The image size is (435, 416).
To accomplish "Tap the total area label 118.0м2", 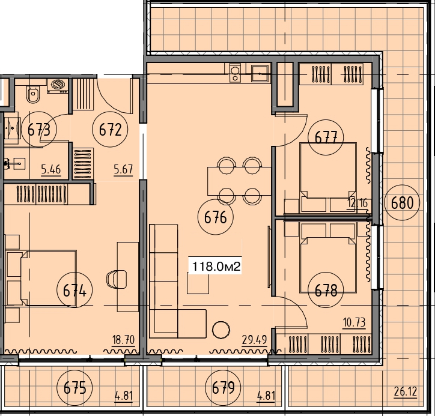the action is [216, 267].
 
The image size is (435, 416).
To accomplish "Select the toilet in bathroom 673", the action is [33, 94].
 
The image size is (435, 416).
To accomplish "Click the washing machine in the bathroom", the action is [58, 86].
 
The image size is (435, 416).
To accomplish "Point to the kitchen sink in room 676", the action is [260, 73].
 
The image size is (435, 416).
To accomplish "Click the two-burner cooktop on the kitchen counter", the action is [236, 73].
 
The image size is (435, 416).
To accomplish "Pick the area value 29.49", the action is [254, 340].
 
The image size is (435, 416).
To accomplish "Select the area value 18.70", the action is [123, 340].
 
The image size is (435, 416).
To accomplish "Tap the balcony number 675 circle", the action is [75, 387].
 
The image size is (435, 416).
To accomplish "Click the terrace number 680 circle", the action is [403, 202].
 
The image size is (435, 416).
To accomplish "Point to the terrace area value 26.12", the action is [406, 392].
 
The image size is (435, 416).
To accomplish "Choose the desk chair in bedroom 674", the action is [117, 279].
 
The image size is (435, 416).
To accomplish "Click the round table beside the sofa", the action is [221, 330].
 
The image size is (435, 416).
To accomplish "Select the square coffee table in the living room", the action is [198, 283].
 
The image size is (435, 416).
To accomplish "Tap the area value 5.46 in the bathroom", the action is [50, 169].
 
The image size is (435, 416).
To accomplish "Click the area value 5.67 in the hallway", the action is [123, 169].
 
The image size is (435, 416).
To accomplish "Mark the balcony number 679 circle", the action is [223, 387].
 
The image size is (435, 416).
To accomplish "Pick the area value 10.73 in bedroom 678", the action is [354, 322].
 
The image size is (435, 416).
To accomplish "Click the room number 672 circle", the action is [110, 130].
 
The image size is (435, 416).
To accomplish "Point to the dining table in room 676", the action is [239, 181].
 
